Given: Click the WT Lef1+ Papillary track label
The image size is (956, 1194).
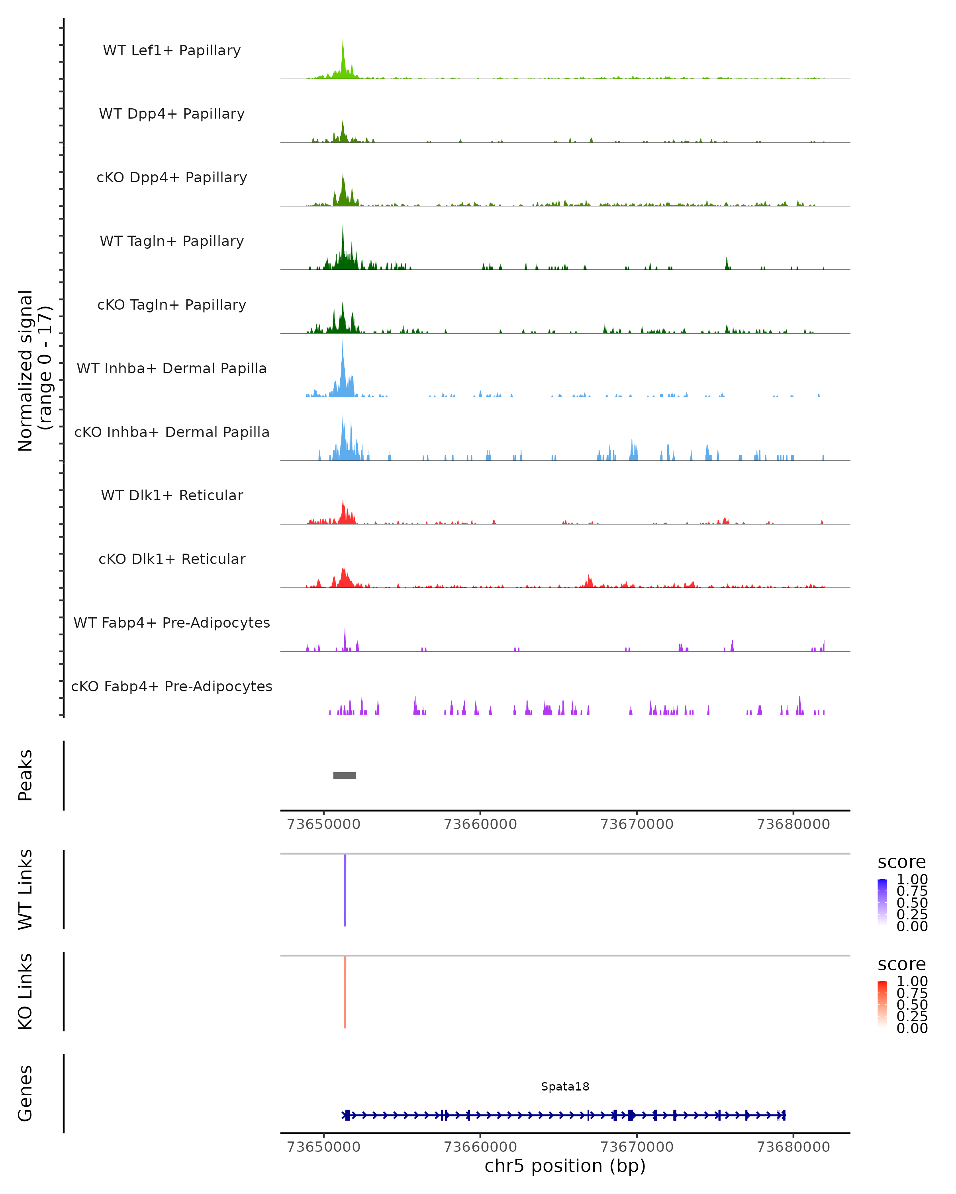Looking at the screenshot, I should [x=172, y=51].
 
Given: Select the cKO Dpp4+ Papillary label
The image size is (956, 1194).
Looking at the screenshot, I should [x=172, y=178].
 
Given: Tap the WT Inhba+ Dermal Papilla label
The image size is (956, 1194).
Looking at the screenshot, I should [x=172, y=369].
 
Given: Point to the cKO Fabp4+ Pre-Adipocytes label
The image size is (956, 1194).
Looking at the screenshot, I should [x=172, y=687].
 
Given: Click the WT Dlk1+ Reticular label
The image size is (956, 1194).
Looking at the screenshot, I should [x=172, y=496].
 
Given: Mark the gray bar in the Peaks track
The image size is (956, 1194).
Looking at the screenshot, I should [x=344, y=775].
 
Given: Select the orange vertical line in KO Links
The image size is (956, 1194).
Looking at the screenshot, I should [x=345, y=992].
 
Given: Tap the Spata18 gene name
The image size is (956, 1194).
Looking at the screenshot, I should [x=565, y=1087].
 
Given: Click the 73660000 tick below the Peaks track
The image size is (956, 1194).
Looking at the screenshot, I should [x=480, y=824].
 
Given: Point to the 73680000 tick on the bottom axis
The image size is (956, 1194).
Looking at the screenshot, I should [x=793, y=1147].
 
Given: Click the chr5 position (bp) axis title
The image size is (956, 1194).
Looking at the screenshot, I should [x=565, y=1166].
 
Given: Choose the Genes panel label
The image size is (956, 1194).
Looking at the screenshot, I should [x=25, y=1093].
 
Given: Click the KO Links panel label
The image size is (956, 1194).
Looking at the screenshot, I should [x=25, y=991].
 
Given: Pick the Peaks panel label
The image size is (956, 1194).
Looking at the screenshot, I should [x=25, y=775].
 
